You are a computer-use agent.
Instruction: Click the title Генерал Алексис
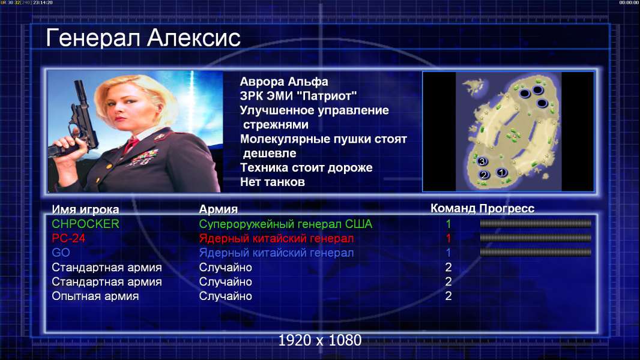143,38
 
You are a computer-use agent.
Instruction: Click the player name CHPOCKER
85,224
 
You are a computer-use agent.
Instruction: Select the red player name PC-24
68,238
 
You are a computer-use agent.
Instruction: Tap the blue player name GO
61,253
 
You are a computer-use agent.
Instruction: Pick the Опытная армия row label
95,296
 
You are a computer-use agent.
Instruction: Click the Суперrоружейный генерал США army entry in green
285,224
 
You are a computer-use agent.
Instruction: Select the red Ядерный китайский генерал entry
276,238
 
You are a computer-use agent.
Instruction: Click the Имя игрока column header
85,209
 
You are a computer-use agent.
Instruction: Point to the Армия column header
218,209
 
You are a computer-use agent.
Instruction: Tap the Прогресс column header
507,208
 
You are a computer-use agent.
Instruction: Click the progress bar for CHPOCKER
535,223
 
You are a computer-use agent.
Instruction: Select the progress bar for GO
535,253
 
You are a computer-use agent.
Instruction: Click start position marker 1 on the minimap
502,172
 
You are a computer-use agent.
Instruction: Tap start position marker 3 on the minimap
483,161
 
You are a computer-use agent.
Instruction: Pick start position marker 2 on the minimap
484,175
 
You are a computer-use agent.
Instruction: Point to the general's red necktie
131,145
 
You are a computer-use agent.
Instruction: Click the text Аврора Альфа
283,82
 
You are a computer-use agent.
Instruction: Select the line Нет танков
272,182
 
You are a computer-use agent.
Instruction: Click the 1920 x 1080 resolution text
319,340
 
